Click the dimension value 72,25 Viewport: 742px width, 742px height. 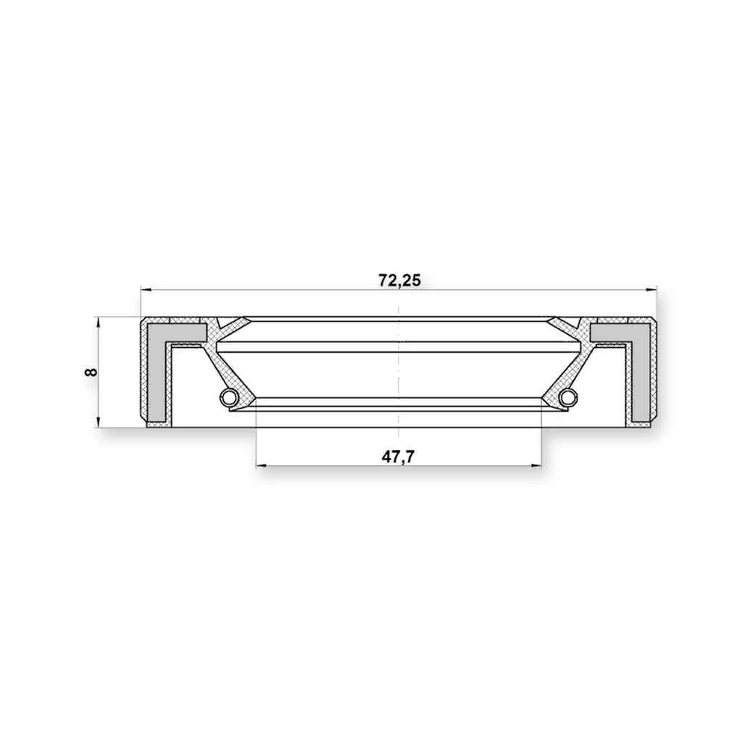tap(399, 280)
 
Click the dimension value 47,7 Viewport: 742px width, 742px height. tap(398, 457)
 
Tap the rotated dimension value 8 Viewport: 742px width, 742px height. tap(91, 372)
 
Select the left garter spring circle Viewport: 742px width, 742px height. tap(228, 396)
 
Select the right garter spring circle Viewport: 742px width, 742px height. tap(568, 396)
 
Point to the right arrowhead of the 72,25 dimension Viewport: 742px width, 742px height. tap(652, 288)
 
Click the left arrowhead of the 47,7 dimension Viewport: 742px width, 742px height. tap(261, 466)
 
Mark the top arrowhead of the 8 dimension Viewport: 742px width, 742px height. tap(98, 322)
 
